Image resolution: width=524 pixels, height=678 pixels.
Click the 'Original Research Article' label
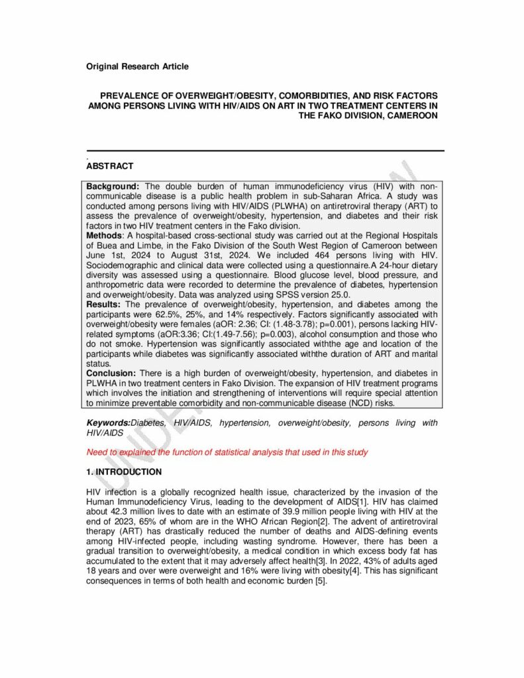(137, 66)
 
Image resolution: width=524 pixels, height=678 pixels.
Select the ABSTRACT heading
(110, 166)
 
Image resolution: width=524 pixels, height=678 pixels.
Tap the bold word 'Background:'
(113, 187)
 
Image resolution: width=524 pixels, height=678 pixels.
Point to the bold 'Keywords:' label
(109, 422)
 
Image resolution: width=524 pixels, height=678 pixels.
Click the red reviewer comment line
(227, 452)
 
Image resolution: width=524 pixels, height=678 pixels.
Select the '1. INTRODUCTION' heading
(124, 472)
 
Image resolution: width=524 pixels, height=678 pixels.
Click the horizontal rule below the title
(265, 151)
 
